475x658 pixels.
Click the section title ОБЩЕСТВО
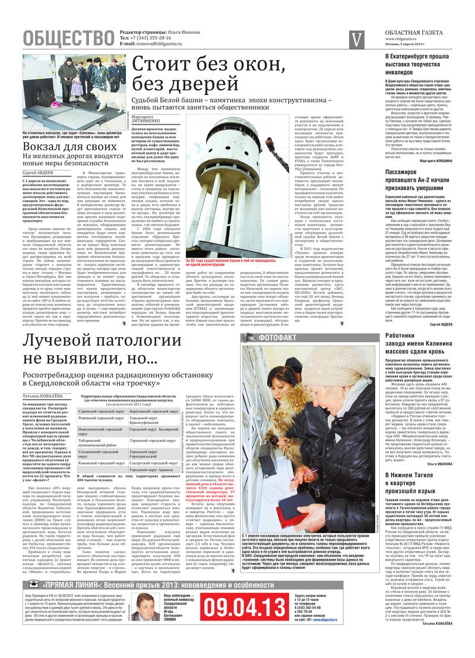pyautogui.click(x=68, y=38)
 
